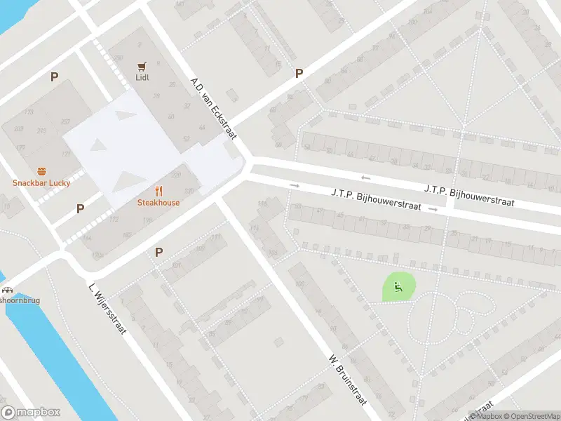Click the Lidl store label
point(143,78)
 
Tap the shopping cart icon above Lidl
point(143,66)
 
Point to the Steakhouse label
point(158,203)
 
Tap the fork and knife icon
point(159,190)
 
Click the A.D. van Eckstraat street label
point(214,108)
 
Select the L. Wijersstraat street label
point(107,307)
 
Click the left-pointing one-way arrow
point(365,178)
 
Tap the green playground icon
point(398,286)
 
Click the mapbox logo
point(31,413)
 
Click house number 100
point(301,283)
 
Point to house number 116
point(263,203)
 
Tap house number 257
point(66,121)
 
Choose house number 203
point(19,129)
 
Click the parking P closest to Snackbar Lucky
point(80,208)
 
